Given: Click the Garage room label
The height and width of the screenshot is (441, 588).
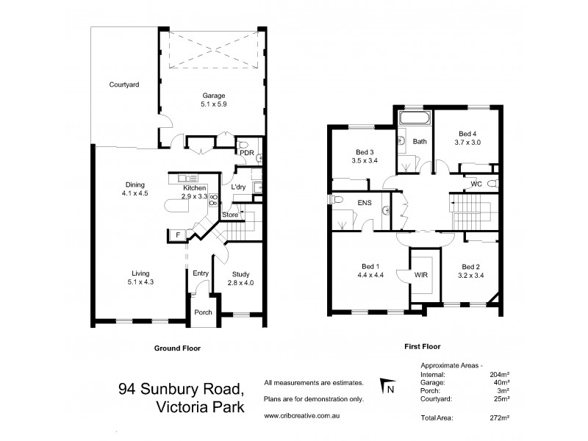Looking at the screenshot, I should [214, 96].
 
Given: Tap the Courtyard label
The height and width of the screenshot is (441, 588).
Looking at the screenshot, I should [124, 85].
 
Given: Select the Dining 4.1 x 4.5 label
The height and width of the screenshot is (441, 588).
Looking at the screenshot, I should [135, 184].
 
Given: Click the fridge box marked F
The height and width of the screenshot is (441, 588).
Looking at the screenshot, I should [177, 234].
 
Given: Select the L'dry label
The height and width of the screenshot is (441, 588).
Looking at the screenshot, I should [237, 187].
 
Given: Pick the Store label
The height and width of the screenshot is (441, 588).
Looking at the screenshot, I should [230, 215].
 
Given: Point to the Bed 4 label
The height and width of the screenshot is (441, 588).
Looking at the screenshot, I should [467, 134].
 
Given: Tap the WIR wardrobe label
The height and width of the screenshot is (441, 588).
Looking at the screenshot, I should [421, 276].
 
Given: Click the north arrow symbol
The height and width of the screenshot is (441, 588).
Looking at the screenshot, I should [385, 385].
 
